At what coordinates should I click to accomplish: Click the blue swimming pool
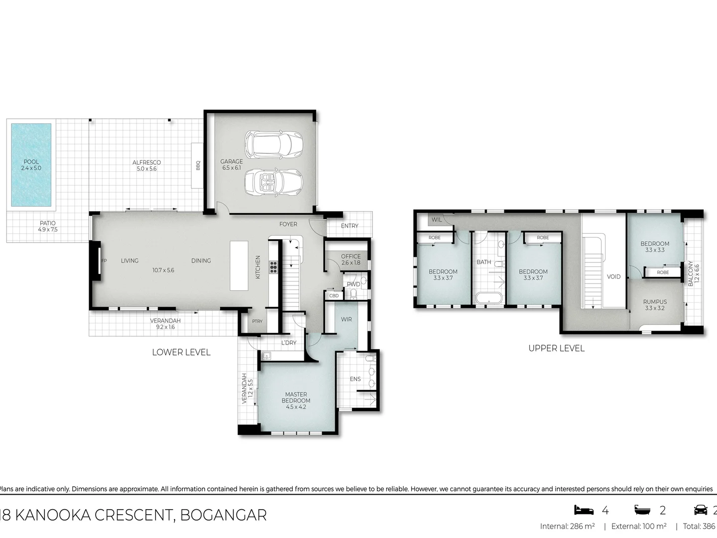point(31,165)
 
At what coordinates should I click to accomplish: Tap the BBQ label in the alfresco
point(198,165)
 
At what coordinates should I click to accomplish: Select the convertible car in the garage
point(273,183)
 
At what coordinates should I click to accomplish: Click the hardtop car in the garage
point(273,143)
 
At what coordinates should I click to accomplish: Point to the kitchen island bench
point(239,266)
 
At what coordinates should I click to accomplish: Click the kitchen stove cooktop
point(273,268)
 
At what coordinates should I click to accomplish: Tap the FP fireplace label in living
point(104,261)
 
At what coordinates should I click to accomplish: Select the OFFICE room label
point(351,257)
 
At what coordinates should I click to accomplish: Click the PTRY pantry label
point(257,321)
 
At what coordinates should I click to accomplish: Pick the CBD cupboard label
point(334,295)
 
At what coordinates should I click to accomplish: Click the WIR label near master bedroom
point(346,319)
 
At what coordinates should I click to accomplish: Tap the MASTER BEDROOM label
point(296,398)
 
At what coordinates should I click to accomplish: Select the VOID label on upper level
point(613,276)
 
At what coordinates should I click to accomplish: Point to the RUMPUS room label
point(654,302)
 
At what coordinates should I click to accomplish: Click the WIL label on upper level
point(436,220)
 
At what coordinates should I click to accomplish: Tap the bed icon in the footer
point(584,510)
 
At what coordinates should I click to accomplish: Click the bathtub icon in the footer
point(643,510)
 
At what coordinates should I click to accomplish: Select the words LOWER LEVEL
point(181,352)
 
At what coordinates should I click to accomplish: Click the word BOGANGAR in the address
point(223,515)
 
